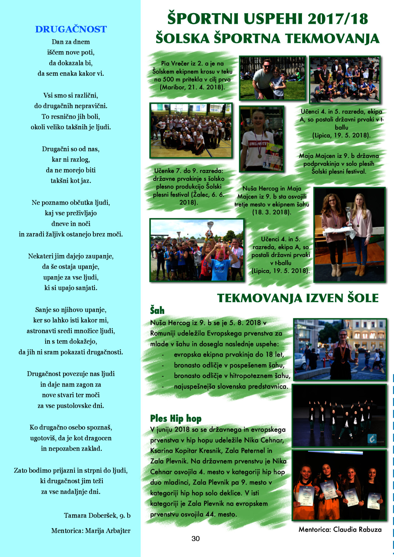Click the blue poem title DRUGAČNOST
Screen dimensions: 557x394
[x=71, y=29]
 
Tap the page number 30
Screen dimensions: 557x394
[x=195, y=539]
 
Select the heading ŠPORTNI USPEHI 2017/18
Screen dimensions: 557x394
[x=267, y=19]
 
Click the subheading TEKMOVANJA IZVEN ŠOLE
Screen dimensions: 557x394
[x=298, y=298]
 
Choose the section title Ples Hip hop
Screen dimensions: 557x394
[x=176, y=418]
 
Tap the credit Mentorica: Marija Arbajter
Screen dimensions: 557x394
[x=91, y=531]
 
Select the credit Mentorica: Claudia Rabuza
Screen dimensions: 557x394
[x=340, y=529]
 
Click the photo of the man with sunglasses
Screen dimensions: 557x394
[x=272, y=78]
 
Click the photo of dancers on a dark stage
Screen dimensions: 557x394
[x=339, y=416]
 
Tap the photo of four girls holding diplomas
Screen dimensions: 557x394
[x=339, y=485]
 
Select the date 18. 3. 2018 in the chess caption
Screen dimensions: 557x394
[x=271, y=212]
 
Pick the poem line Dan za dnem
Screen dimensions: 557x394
[x=71, y=42]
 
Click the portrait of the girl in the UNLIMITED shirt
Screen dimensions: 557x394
[x=261, y=139]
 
